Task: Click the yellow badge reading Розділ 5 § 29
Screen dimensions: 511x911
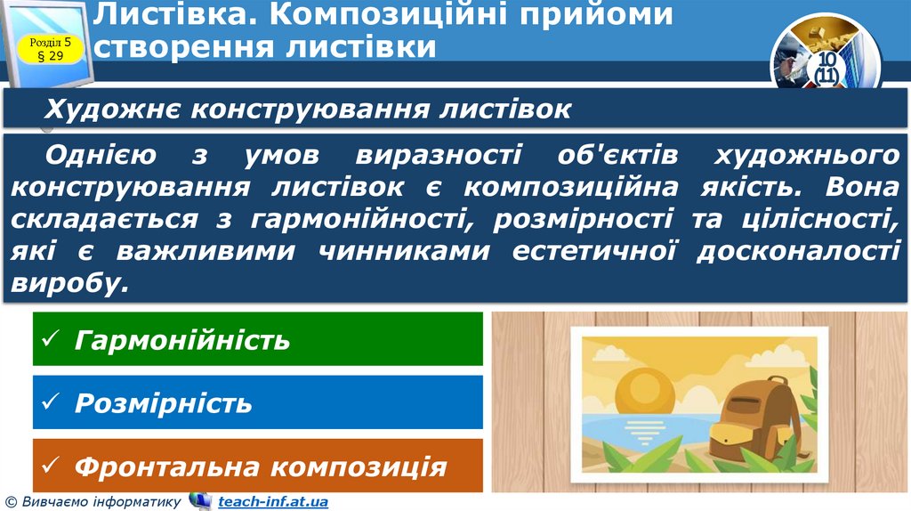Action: pos(55,50)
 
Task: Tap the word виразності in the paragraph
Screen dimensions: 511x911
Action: pos(438,155)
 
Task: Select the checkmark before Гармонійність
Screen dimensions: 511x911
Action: pos(52,340)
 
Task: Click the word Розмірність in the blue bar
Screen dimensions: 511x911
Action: pos(163,403)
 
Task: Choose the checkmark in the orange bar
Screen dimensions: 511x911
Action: pos(52,466)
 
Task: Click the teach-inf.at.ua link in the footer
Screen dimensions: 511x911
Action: pos(272,502)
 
